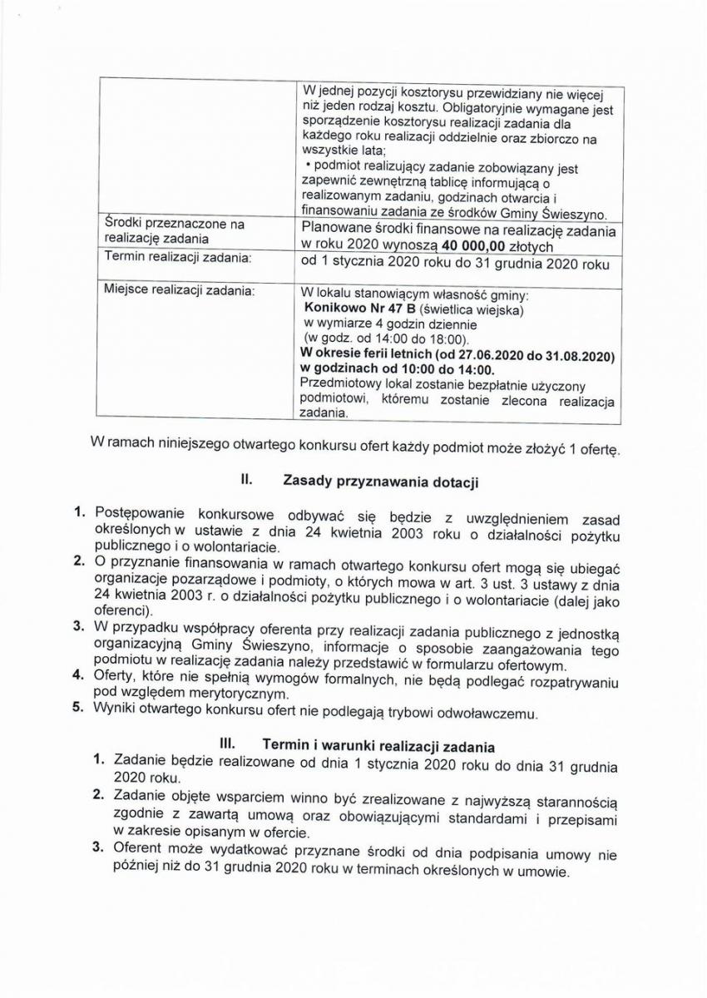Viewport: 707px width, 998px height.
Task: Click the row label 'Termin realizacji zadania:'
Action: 177,258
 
